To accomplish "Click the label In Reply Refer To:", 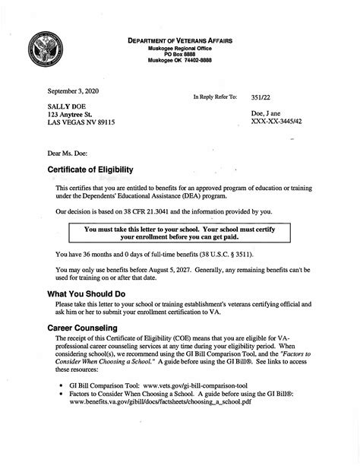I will [216, 97].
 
